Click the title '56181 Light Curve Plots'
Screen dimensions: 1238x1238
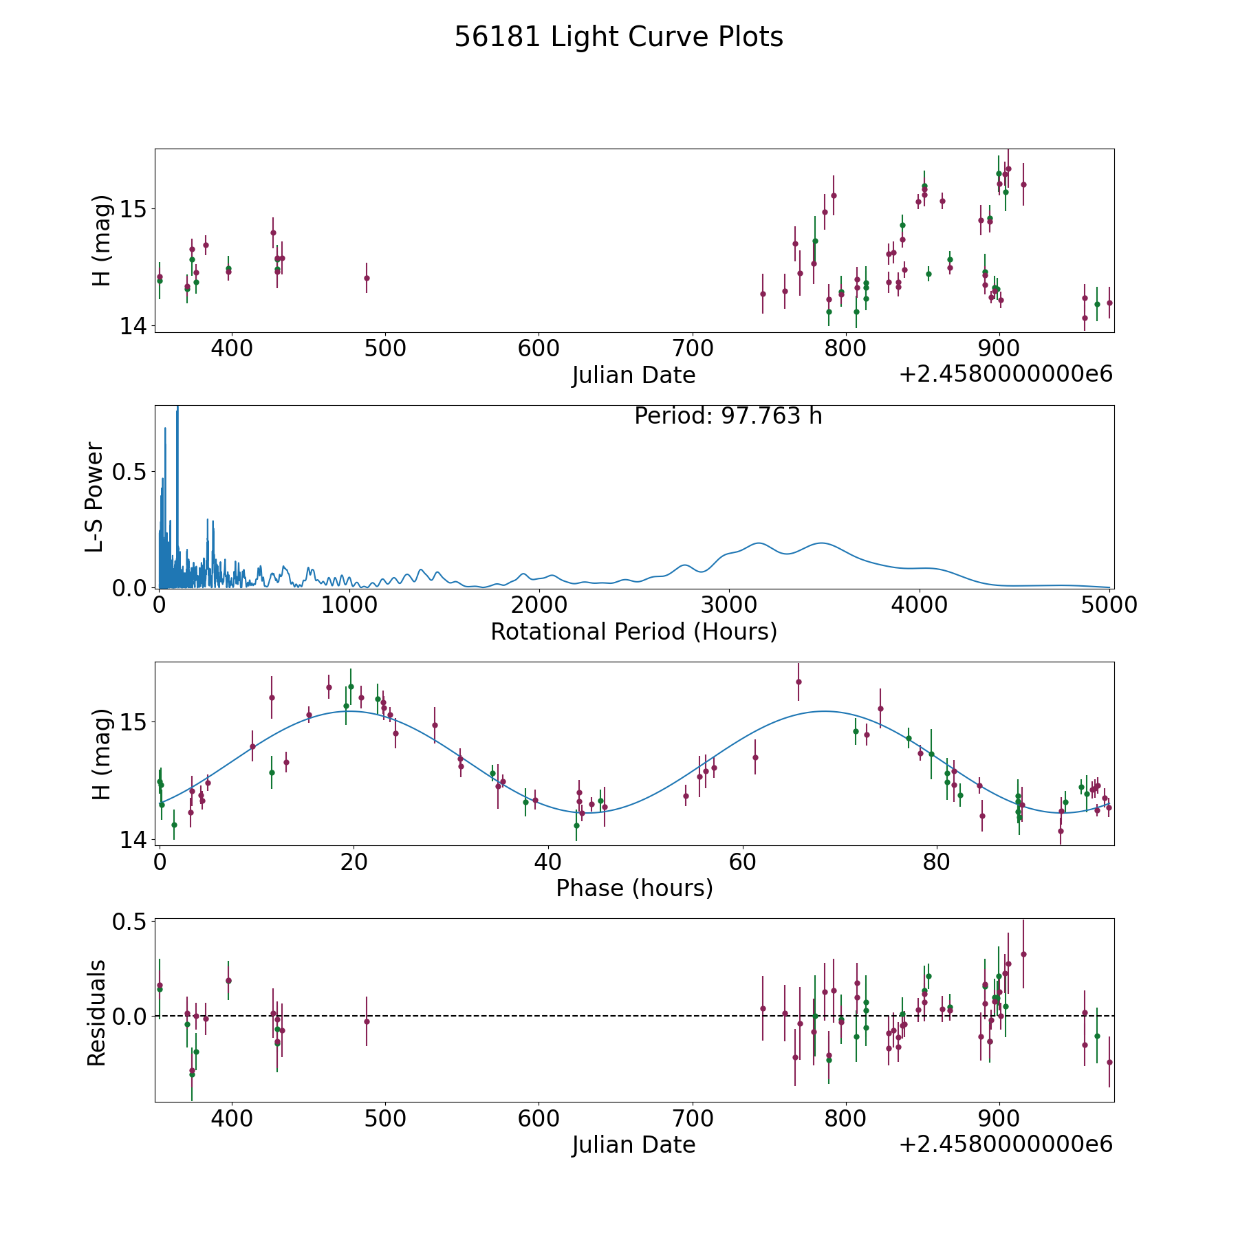point(618,37)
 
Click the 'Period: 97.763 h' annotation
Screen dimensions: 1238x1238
point(728,416)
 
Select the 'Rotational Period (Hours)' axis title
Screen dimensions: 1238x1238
point(633,631)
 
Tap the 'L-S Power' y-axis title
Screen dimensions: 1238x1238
point(95,497)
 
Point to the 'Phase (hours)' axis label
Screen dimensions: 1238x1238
point(634,888)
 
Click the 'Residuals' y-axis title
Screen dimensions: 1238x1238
point(96,1012)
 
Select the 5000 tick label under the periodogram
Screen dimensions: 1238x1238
point(1109,605)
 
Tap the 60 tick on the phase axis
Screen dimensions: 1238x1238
point(743,862)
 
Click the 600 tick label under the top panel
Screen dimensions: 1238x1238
point(539,349)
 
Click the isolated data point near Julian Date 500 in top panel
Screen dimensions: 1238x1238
point(367,278)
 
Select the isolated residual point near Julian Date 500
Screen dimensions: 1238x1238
point(367,1021)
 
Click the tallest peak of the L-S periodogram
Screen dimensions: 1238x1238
point(177,407)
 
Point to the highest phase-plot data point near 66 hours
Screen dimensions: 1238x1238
point(799,682)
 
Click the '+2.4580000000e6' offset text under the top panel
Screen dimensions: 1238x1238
point(1006,374)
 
